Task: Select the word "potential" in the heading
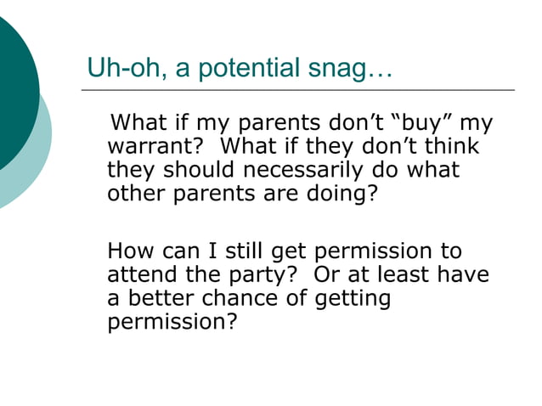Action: [x=246, y=68]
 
